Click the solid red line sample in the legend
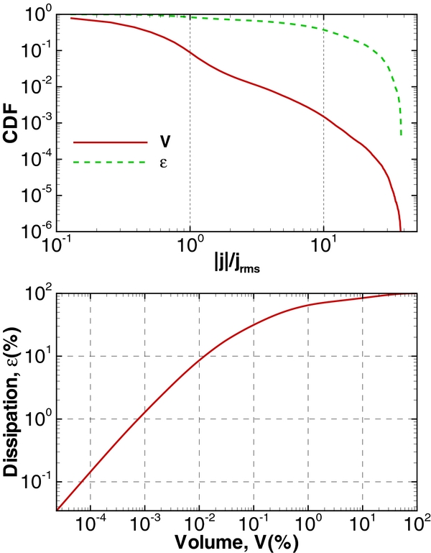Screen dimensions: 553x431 106,142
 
